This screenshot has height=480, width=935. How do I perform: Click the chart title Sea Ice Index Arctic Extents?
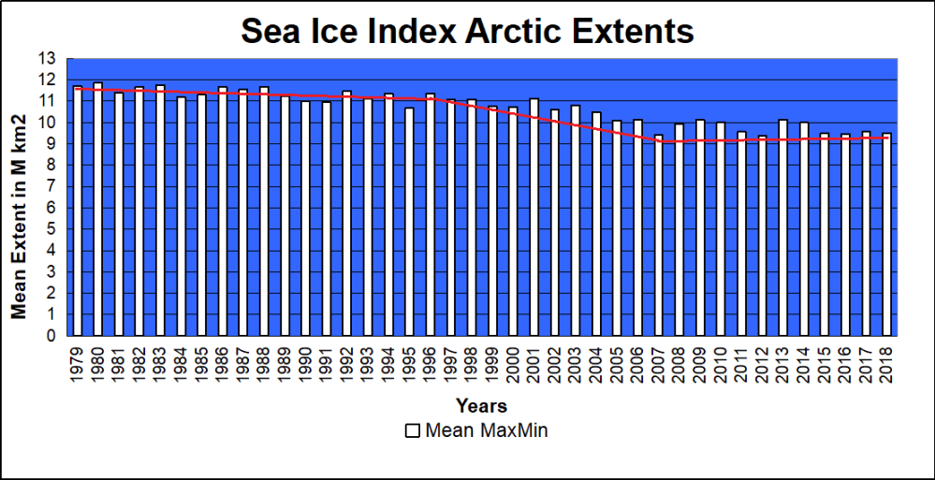pos(467,31)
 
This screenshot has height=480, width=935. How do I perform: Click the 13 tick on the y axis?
pos(48,59)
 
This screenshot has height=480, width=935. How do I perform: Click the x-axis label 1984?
pos(182,364)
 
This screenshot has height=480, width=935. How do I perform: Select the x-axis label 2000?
pos(513,364)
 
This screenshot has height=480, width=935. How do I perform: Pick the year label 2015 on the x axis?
pos(824,364)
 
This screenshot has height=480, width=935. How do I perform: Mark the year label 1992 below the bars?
pos(347,364)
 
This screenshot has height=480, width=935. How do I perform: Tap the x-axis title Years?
pos(481,406)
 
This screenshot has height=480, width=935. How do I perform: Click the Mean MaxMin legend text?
pos(486,431)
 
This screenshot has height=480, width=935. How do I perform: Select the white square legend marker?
pos(412,431)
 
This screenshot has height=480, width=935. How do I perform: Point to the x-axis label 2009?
pos(699,364)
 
